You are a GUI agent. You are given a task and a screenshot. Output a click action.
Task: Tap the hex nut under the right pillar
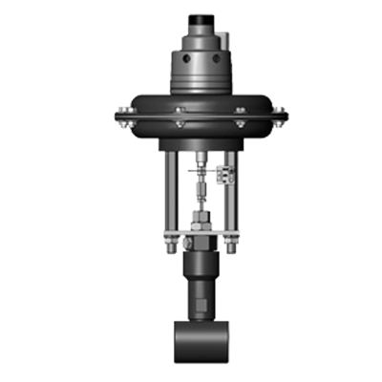(232, 250)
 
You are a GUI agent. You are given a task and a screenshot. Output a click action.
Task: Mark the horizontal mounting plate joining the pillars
(202, 240)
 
